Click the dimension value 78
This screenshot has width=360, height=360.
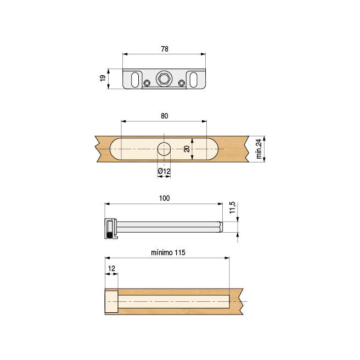tap(165, 49)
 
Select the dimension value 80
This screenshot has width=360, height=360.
tap(165, 116)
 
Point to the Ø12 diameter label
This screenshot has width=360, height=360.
tap(164, 172)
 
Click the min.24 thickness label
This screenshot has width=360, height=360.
tap(258, 149)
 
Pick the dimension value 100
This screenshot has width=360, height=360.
tap(165, 198)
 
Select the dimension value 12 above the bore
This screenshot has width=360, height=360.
tap(111, 268)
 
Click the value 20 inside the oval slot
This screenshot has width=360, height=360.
tap(187, 149)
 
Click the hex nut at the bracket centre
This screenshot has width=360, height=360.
tap(164, 78)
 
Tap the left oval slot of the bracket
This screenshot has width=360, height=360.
tap(133, 79)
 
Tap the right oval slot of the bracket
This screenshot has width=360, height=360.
tap(195, 79)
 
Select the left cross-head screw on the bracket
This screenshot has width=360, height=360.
tap(147, 83)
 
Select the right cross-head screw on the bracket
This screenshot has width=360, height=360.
tap(182, 83)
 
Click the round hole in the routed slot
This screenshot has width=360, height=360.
tap(164, 149)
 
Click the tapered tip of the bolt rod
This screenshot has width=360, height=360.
tap(221, 227)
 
